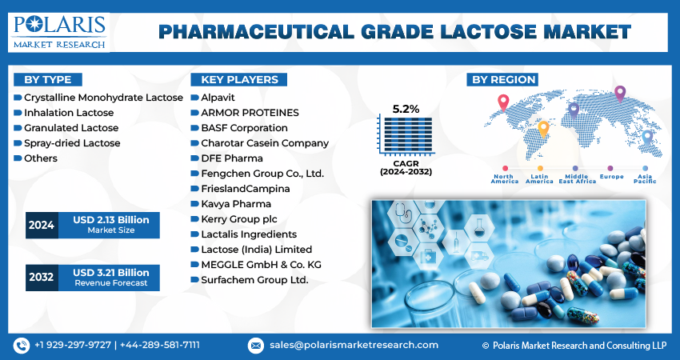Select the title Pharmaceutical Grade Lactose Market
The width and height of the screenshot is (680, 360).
pos(394,31)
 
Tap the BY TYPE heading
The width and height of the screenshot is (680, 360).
pos(48,79)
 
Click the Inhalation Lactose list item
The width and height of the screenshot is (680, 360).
pos(69,113)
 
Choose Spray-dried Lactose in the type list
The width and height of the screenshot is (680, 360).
pos(72,143)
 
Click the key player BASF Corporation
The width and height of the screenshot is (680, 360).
pos(244,128)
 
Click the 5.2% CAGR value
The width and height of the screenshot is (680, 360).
pos(406,108)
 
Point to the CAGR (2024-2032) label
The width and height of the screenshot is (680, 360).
pos(406,166)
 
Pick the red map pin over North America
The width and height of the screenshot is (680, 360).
pos(503,102)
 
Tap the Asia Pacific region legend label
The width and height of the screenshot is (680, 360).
pos(646,179)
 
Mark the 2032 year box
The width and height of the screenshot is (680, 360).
pos(41,277)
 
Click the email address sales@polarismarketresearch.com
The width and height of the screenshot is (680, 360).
pos(353,345)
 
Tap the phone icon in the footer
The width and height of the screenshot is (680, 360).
pos(22,345)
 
